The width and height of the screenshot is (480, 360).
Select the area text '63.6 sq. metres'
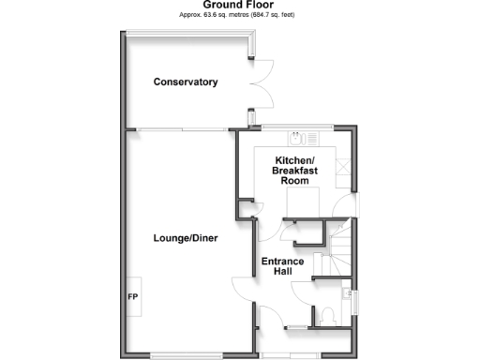225,16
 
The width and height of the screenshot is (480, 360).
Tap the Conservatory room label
186,82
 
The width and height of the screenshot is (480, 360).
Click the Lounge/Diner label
186,238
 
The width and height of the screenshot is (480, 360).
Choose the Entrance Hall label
283,266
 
